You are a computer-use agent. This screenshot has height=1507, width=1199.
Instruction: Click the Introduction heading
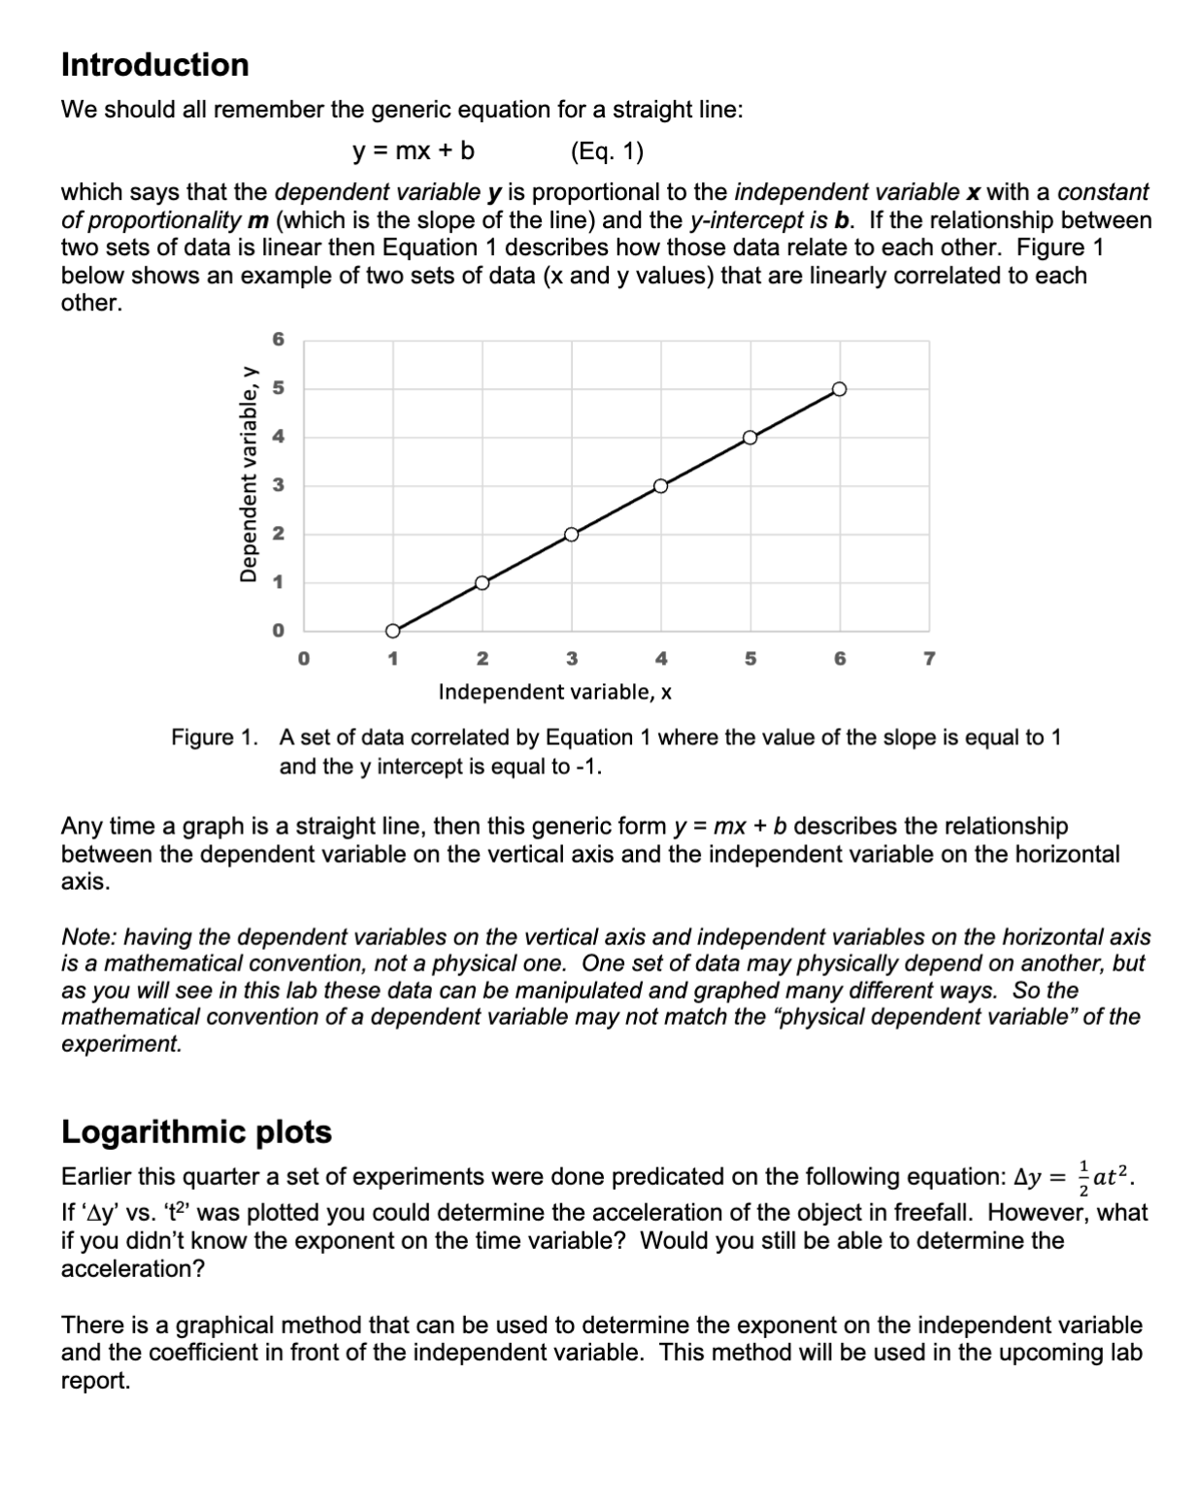[154, 65]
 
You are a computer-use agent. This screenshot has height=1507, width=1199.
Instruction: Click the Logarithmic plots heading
[196, 1131]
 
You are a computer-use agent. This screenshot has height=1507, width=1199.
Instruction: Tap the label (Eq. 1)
[607, 151]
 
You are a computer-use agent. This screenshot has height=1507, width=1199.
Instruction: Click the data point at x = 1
[392, 631]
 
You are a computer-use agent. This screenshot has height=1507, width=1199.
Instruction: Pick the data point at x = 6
[840, 389]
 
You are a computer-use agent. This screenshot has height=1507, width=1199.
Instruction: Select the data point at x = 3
[571, 534]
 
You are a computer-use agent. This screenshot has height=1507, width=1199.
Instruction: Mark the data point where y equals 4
[749, 437]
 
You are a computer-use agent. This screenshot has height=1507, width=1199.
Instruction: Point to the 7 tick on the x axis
[929, 660]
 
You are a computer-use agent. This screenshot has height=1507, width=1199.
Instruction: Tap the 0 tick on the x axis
[303, 660]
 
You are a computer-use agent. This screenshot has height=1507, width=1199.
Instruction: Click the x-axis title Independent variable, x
[555, 692]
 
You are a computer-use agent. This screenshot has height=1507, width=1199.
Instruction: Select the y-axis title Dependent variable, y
[250, 475]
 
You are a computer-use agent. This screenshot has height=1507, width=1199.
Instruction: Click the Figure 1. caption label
[215, 737]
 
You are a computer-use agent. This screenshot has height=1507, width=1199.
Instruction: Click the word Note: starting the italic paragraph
[89, 937]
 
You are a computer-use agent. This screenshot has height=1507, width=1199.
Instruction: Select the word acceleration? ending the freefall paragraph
[133, 1269]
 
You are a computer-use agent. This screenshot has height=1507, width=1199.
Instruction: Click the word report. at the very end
[95, 1381]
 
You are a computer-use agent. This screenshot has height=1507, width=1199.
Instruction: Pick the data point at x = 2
[482, 582]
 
